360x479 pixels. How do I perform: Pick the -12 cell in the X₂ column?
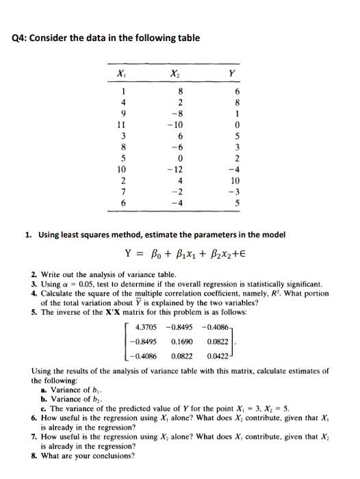(179, 169)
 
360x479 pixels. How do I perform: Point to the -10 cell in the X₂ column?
(179, 126)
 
